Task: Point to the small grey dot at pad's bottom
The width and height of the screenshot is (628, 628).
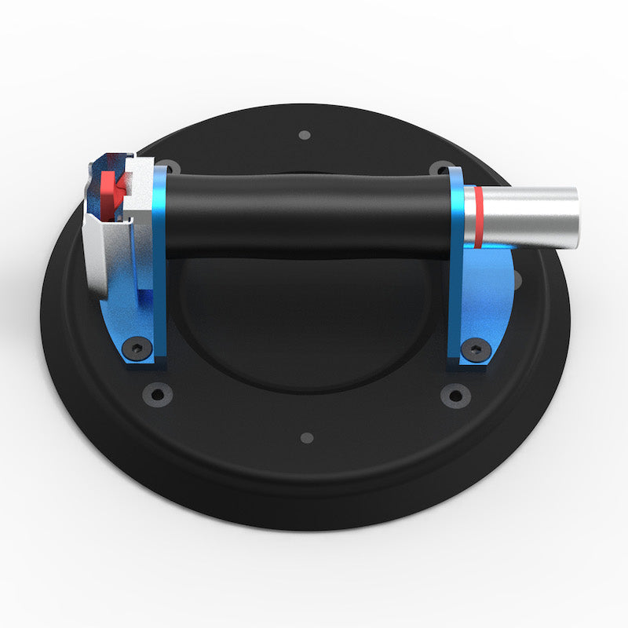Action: [307, 437]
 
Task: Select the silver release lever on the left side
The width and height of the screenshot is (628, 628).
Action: [102, 259]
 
